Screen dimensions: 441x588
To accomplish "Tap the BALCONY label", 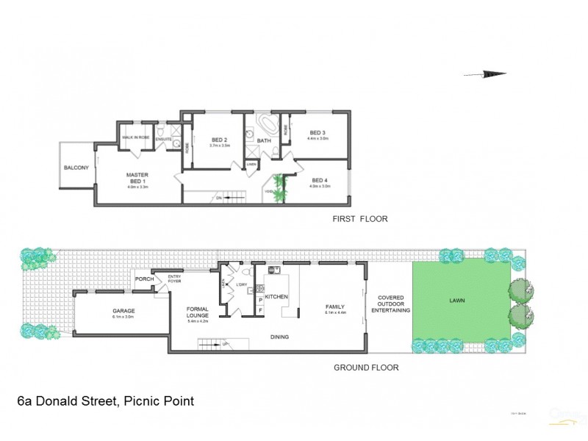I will click(76, 168).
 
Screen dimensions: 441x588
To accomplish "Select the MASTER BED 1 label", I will click(138, 177).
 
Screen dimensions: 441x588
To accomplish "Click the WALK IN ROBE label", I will click(136, 137).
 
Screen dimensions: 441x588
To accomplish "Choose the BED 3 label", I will click(318, 132).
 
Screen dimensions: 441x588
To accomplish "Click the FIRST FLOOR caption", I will click(360, 219).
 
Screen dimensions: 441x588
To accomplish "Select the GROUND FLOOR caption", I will click(366, 367).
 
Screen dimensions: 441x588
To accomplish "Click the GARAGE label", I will click(123, 311).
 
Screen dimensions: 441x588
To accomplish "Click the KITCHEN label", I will click(277, 297).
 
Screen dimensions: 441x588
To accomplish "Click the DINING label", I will click(279, 337).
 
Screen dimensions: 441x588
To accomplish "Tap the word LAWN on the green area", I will click(457, 301).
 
